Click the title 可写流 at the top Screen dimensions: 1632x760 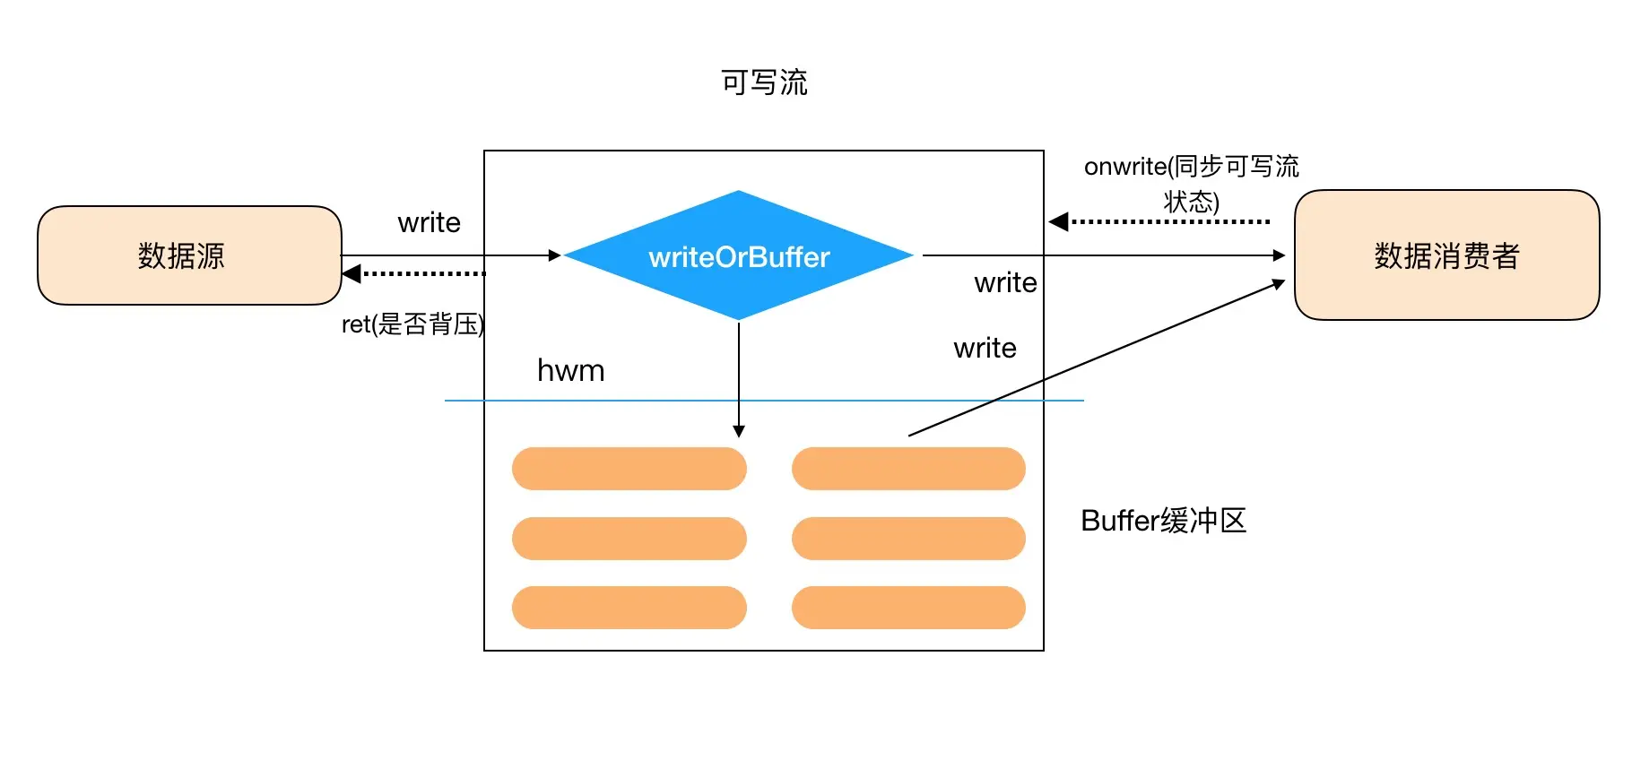[764, 82]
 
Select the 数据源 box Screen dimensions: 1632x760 [189, 255]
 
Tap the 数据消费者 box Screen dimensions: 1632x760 [1446, 255]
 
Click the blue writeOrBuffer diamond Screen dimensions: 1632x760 [739, 255]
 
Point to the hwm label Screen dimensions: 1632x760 [571, 370]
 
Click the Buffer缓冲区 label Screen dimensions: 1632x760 [1164, 521]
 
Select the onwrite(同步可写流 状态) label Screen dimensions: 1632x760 [1192, 183]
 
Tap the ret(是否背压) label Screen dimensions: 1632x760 [413, 324]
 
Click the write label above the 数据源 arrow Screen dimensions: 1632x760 [430, 222]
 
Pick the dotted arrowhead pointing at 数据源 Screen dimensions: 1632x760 [352, 273]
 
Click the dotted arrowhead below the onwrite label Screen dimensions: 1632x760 [1059, 221]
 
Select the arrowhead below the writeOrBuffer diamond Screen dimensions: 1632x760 [739, 431]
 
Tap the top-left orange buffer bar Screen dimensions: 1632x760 [629, 469]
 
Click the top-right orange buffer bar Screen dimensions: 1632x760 [908, 469]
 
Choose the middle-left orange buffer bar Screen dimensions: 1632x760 [629, 539]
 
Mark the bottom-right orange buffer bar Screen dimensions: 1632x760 [908, 608]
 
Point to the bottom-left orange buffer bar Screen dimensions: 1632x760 [629, 608]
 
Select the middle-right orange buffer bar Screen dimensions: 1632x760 [908, 539]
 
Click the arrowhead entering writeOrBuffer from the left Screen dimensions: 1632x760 [555, 255]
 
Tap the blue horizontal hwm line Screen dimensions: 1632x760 [764, 400]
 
